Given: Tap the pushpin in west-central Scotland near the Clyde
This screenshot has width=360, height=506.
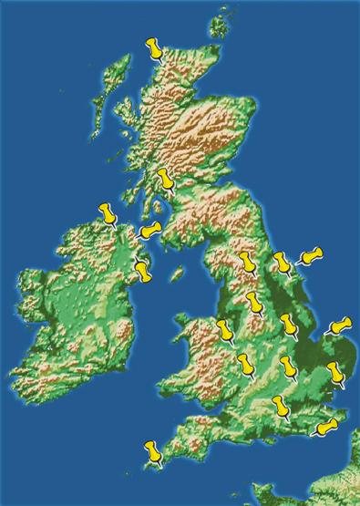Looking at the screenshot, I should [x=165, y=179].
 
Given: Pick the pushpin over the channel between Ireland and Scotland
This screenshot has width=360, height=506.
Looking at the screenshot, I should [x=150, y=229].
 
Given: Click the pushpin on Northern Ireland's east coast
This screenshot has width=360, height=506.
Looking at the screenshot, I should [x=141, y=268].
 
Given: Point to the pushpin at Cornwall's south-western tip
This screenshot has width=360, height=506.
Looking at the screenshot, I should [x=153, y=449].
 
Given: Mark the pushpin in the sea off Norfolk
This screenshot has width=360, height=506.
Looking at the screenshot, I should [x=341, y=325].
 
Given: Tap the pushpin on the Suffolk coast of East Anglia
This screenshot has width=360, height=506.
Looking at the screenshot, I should [x=340, y=372].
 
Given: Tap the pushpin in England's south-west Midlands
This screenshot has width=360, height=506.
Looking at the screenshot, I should [x=245, y=363].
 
